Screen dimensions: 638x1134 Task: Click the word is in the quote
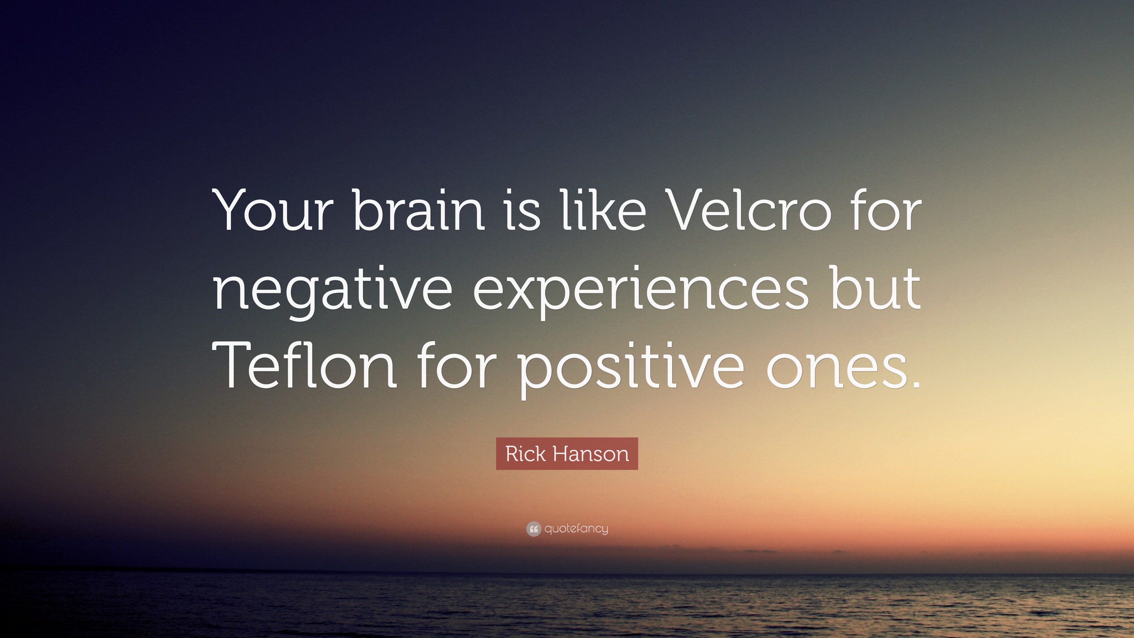coord(522,211)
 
